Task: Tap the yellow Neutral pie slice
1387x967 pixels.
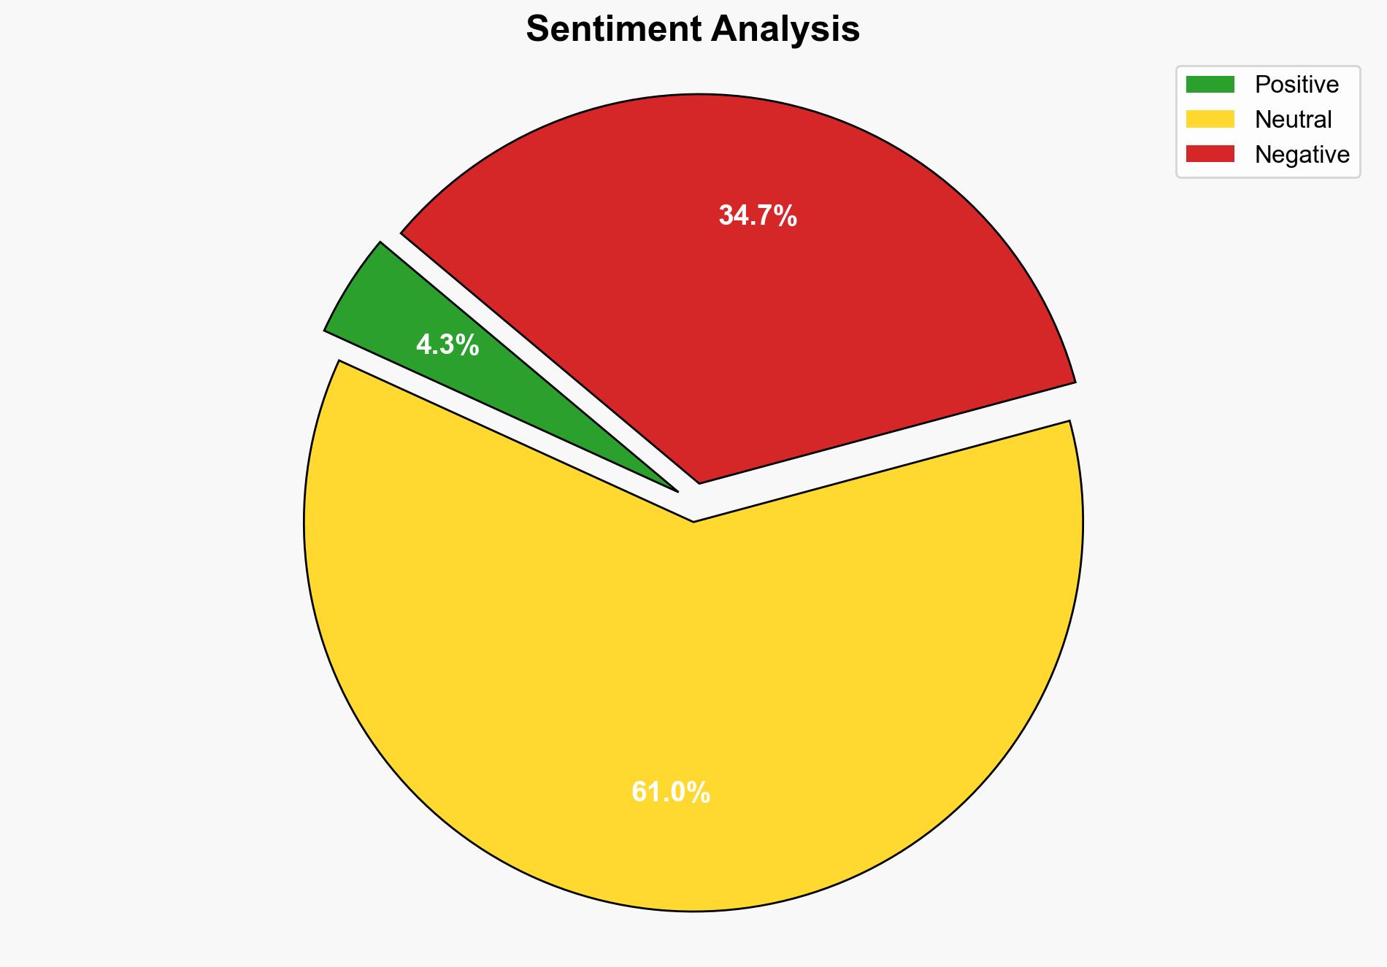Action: point(693,693)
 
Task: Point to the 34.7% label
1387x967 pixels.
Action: point(757,216)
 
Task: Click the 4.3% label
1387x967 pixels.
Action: point(447,344)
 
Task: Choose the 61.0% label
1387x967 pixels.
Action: point(670,793)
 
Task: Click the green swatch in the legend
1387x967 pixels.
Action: point(1210,85)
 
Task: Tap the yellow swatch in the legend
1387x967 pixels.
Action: point(1210,119)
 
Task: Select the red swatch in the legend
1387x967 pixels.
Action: point(1210,154)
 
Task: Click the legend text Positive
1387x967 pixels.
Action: point(1296,85)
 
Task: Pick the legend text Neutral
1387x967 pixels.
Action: point(1293,119)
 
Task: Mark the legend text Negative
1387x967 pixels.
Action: point(1302,154)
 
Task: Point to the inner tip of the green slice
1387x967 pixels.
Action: point(677,490)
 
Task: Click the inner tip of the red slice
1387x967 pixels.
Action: point(699,482)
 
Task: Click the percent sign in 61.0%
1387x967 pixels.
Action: point(699,793)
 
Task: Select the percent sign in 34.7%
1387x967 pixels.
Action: point(785,216)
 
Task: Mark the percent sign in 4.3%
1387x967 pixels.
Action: point(468,344)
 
